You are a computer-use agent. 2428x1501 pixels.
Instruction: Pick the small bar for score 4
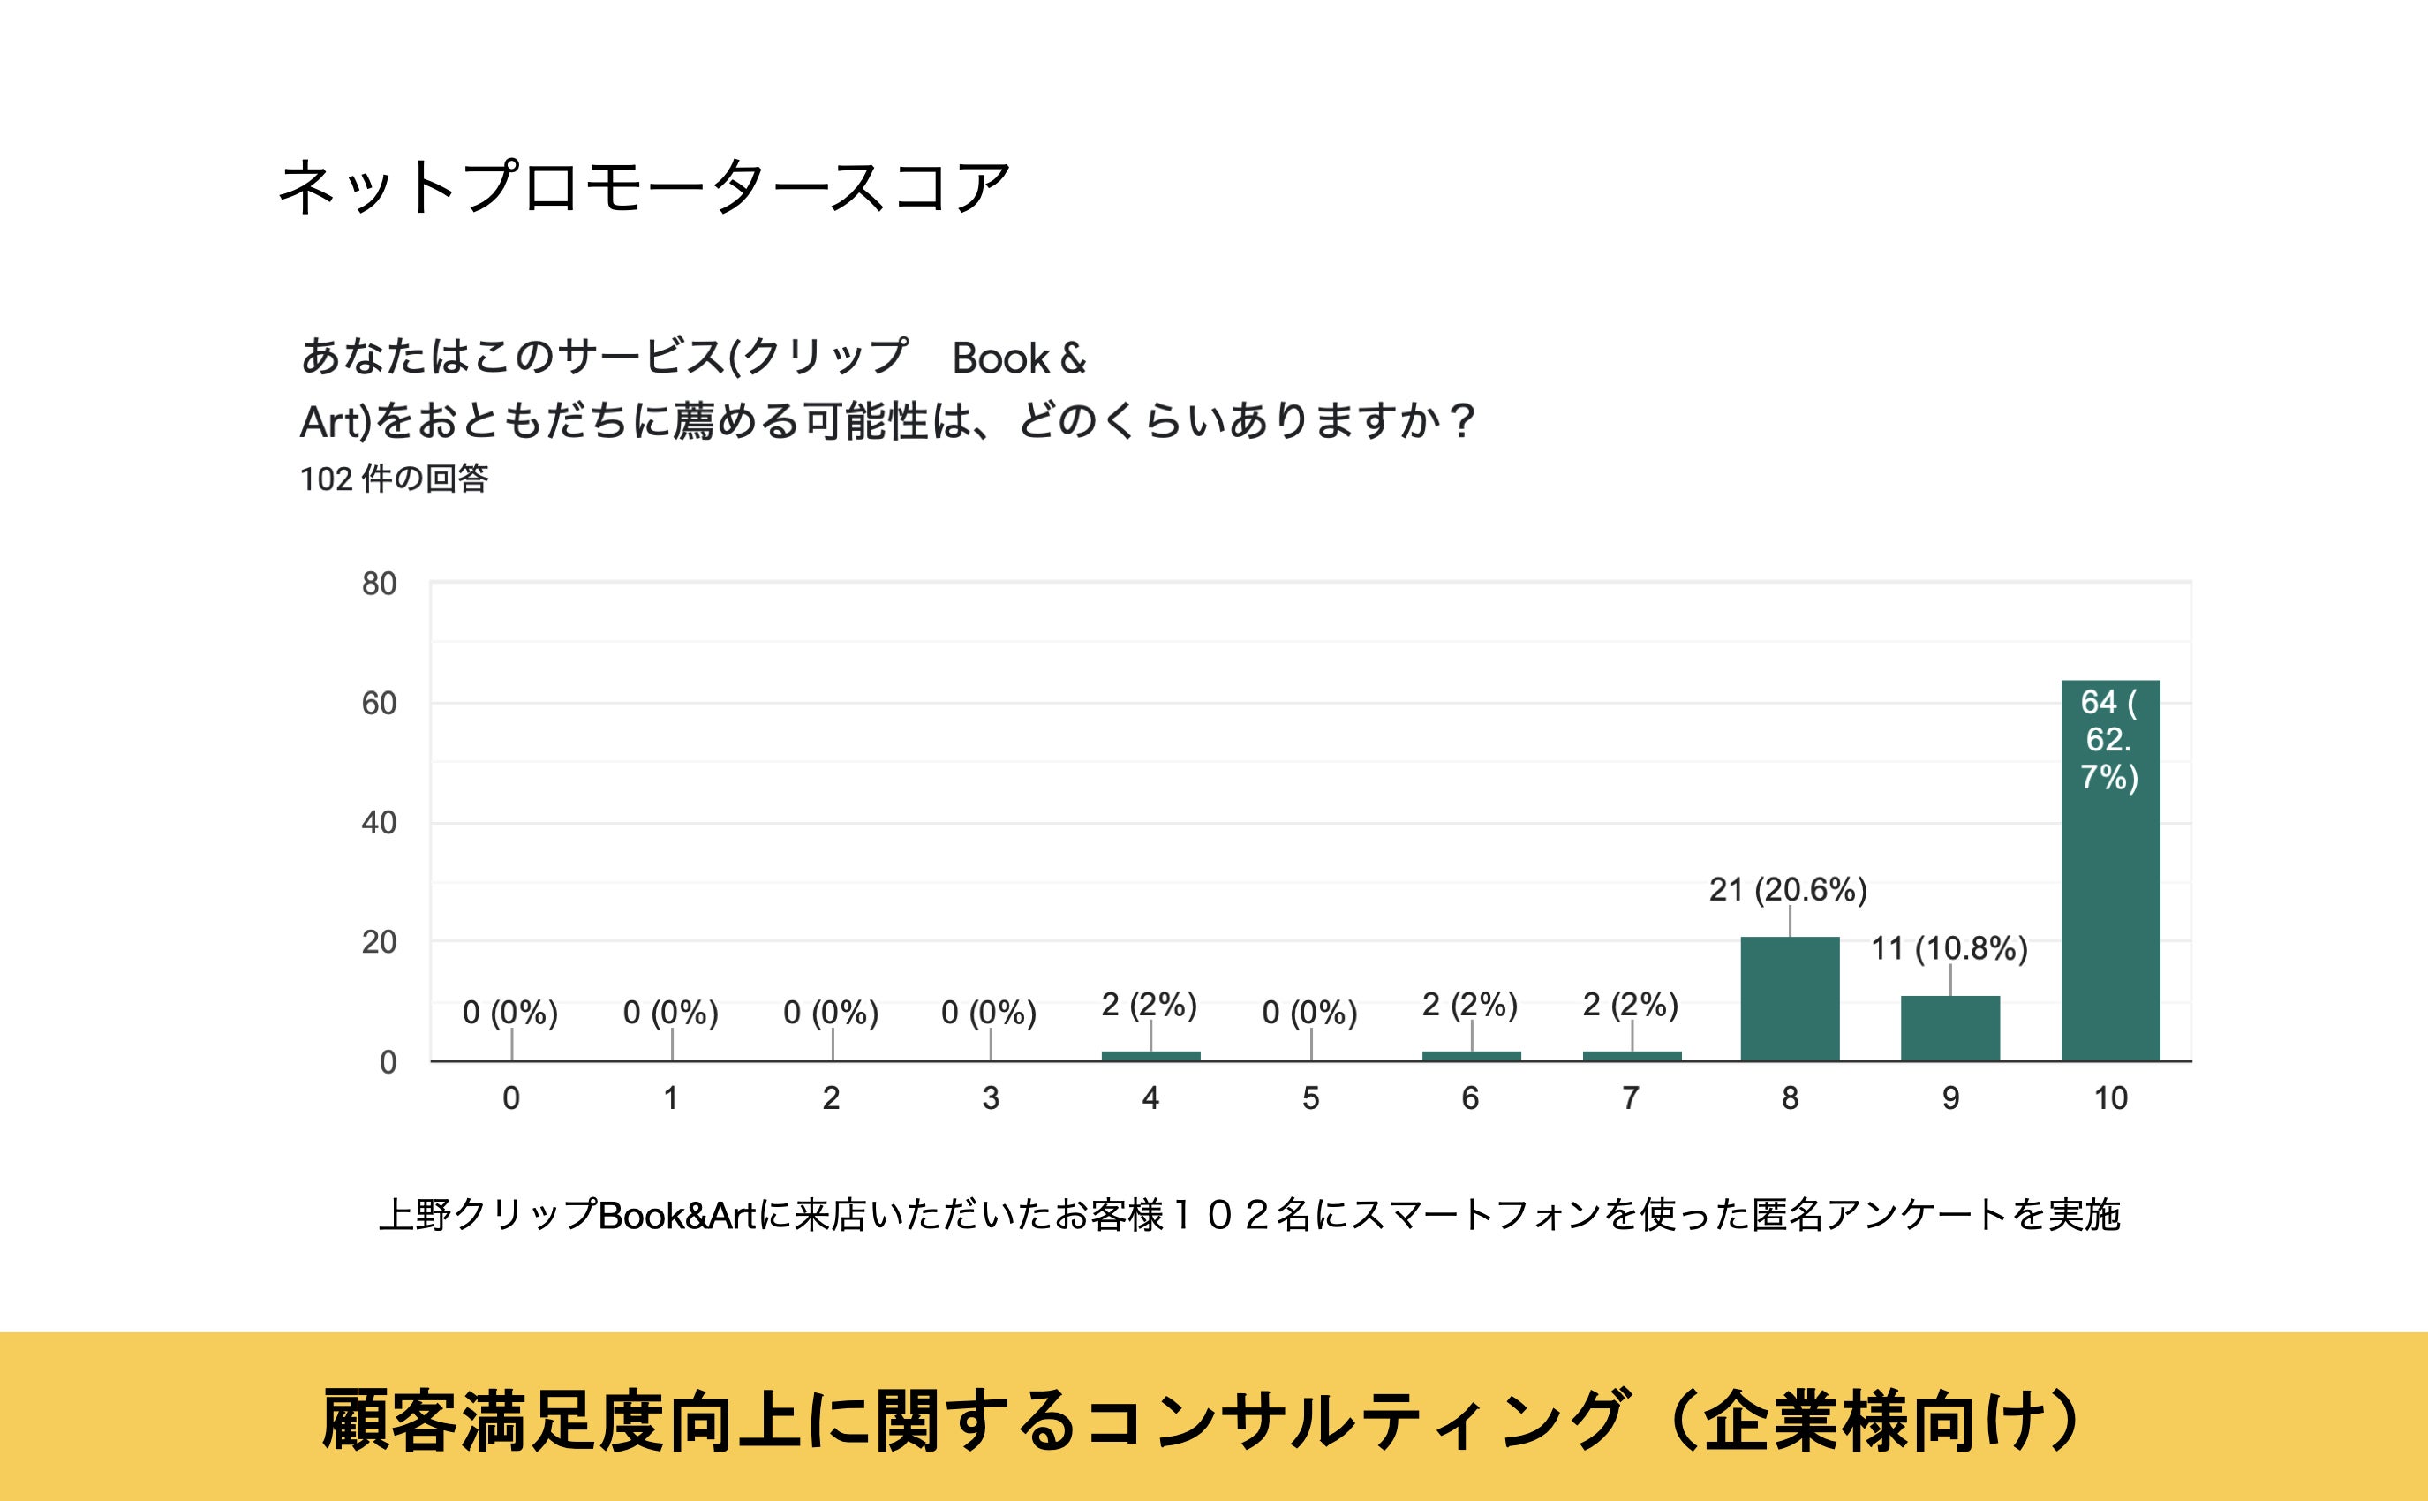coord(1150,1056)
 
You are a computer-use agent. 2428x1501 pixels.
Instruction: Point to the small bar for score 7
coord(1631,1056)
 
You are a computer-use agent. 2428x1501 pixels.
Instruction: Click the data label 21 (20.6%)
coord(1788,889)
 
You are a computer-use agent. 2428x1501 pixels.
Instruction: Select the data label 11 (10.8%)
coord(1949,949)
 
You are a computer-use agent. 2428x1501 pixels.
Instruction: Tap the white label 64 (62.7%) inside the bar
coord(2109,740)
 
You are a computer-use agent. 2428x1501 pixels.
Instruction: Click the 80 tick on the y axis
coord(378,584)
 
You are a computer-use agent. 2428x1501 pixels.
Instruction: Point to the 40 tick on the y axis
coord(378,823)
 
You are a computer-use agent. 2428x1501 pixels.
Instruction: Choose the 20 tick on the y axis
coord(378,942)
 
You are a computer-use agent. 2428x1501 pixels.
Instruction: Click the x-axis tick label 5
coord(1310,1098)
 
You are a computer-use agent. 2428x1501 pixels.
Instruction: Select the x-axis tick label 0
coord(510,1098)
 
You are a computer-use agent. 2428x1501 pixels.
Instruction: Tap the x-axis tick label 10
coord(2110,1098)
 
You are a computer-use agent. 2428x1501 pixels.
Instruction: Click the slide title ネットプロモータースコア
coord(644,186)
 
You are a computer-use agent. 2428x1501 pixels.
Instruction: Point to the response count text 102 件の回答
coord(394,479)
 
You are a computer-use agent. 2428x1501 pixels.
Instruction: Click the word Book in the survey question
coord(1000,358)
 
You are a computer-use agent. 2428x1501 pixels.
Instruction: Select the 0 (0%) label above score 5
coord(1309,1013)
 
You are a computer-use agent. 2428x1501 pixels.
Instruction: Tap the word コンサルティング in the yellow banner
coord(1356,1421)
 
